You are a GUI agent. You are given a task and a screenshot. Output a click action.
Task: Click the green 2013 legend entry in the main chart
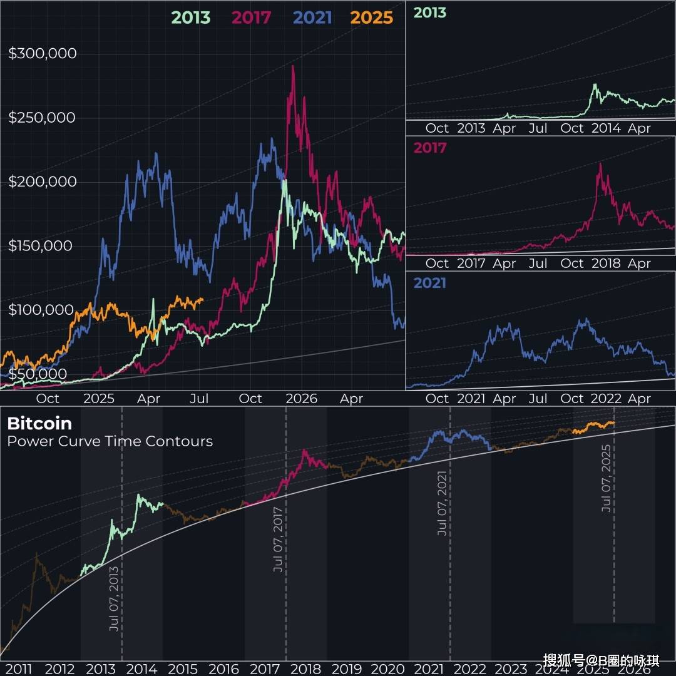click(x=191, y=18)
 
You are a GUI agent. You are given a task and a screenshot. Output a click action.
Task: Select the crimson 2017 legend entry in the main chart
click(x=252, y=18)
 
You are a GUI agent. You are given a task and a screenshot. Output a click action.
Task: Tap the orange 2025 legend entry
click(x=372, y=18)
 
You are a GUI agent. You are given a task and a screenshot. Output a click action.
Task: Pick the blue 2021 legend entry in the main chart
click(x=312, y=18)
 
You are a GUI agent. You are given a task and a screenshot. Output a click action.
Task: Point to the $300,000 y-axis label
click(x=43, y=54)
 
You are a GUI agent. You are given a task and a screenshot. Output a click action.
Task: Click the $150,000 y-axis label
click(x=41, y=246)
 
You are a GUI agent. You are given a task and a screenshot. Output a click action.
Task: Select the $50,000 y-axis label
click(x=38, y=374)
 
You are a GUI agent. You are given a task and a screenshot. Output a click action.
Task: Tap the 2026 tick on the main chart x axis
click(x=301, y=399)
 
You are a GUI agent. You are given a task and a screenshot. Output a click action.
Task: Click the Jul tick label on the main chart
click(x=199, y=399)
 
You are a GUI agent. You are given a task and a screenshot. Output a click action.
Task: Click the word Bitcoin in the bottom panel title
click(x=39, y=424)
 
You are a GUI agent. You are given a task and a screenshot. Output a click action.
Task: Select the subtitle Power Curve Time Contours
click(x=110, y=441)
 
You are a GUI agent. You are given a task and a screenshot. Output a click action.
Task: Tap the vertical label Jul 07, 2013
click(x=114, y=598)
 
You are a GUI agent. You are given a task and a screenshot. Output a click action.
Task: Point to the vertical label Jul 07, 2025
click(x=606, y=479)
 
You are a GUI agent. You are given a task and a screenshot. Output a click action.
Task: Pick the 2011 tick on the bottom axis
click(x=19, y=669)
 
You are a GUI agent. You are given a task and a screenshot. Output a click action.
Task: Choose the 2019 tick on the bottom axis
click(x=347, y=669)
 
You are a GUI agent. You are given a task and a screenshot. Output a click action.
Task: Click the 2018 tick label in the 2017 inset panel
click(x=606, y=264)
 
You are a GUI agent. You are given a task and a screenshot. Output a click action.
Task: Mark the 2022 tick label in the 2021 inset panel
click(x=606, y=399)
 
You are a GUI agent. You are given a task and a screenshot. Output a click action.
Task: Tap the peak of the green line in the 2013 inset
click(x=595, y=84)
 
